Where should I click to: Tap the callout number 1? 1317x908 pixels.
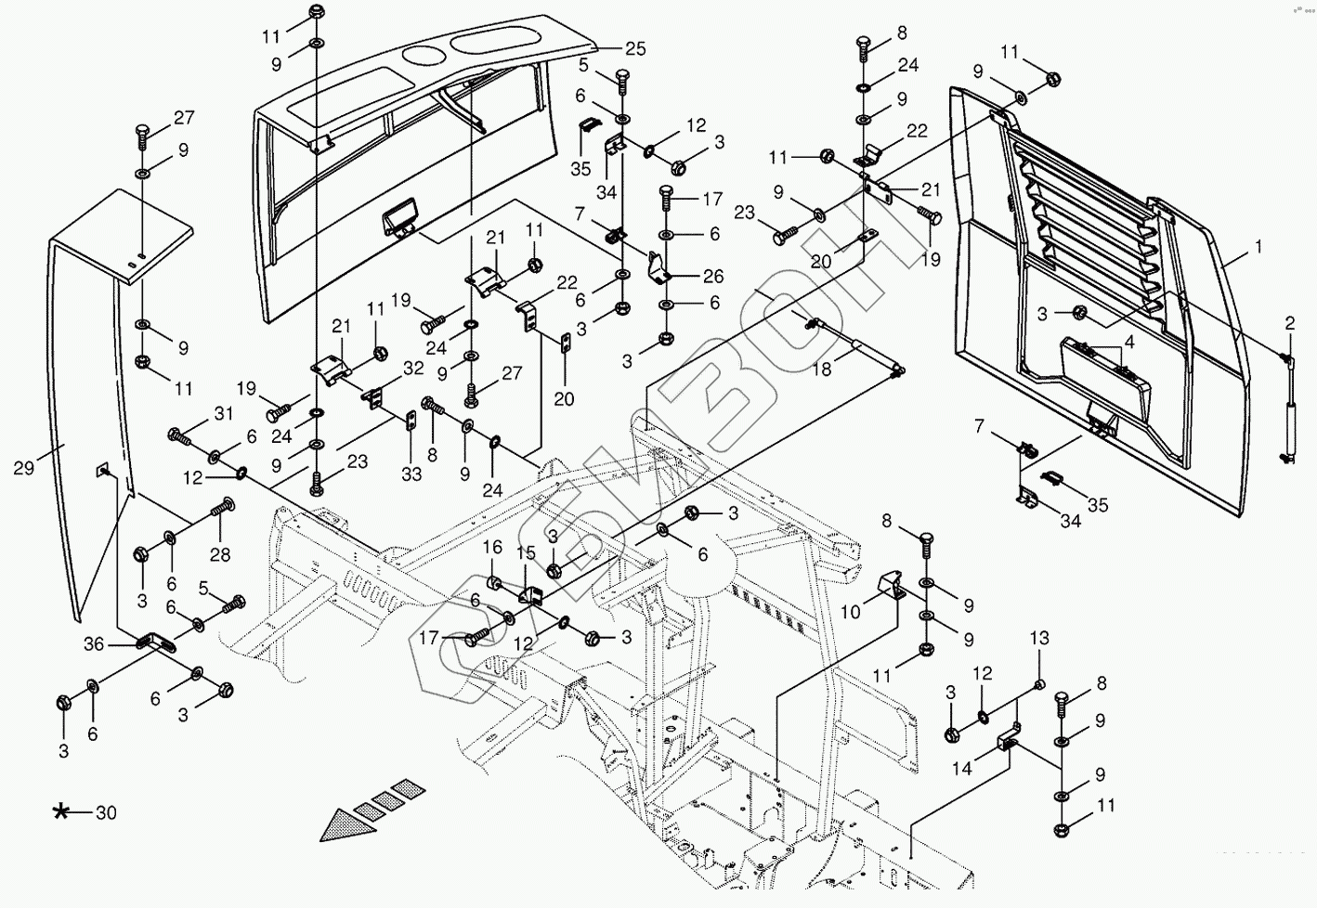(x=1258, y=248)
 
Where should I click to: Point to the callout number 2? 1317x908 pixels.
(x=1289, y=323)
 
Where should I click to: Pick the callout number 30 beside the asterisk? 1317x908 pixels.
(x=106, y=813)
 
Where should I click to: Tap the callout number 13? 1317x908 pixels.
(x=1039, y=638)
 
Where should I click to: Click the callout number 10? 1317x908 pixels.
(x=852, y=613)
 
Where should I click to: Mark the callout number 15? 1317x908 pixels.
(x=527, y=553)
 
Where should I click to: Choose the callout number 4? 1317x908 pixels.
(x=1128, y=342)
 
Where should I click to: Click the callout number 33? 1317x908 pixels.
(x=411, y=474)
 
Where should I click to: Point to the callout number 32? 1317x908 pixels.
(x=413, y=369)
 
